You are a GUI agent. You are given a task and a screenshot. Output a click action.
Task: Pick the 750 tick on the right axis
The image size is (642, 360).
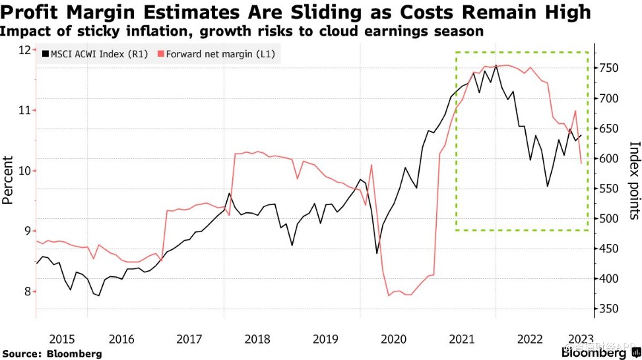pyautogui.click(x=608, y=68)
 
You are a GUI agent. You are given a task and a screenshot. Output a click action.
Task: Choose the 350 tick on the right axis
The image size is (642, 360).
pyautogui.click(x=608, y=309)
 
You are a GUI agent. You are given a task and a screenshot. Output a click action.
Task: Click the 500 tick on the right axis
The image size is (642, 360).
pyautogui.click(x=608, y=219)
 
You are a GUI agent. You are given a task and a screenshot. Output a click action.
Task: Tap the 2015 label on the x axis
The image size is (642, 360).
pyautogui.click(x=61, y=338)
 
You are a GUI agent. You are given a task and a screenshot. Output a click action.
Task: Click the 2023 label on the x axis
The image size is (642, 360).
pyautogui.click(x=580, y=338)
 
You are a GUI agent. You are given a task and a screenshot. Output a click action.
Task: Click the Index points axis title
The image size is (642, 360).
pyautogui.click(x=634, y=179)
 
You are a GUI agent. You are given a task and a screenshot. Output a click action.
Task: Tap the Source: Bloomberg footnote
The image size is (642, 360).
pyautogui.click(x=52, y=354)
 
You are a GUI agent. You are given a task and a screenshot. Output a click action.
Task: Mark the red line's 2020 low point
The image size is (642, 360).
pyautogui.click(x=389, y=295)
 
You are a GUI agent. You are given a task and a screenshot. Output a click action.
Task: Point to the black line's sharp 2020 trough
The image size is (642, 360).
pyautogui.click(x=377, y=253)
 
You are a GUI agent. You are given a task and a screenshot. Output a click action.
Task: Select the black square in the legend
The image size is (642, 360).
pyautogui.click(x=44, y=54)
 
